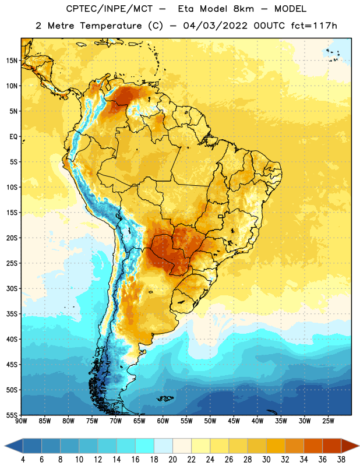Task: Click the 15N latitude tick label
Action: point(12,61)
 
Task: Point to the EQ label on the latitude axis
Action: point(13,137)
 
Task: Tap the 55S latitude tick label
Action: point(12,415)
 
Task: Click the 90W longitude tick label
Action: point(21,421)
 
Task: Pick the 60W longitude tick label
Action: point(163,421)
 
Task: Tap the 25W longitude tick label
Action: point(328,421)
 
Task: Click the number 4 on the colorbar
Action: point(23,459)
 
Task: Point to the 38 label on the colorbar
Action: point(341,459)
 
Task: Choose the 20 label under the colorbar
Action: point(172,459)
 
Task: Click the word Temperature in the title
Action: point(111,26)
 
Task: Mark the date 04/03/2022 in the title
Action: point(215,26)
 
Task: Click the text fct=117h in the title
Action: point(314,26)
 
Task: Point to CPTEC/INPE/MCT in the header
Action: point(109,9)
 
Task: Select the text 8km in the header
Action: point(243,9)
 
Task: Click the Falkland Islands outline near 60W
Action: point(165,398)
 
